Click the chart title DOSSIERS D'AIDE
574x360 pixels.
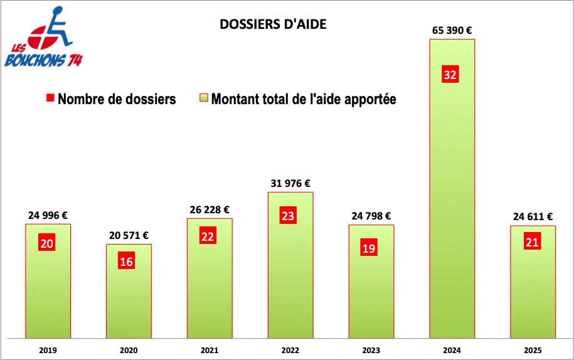(273, 24)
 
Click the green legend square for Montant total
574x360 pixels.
(203, 99)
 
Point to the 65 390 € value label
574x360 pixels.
(452, 29)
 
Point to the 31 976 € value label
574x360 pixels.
(290, 183)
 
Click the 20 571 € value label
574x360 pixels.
(129, 235)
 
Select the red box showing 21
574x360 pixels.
(532, 242)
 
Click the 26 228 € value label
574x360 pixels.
(209, 209)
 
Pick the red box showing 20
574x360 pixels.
(46, 244)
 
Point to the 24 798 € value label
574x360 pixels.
(371, 216)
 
